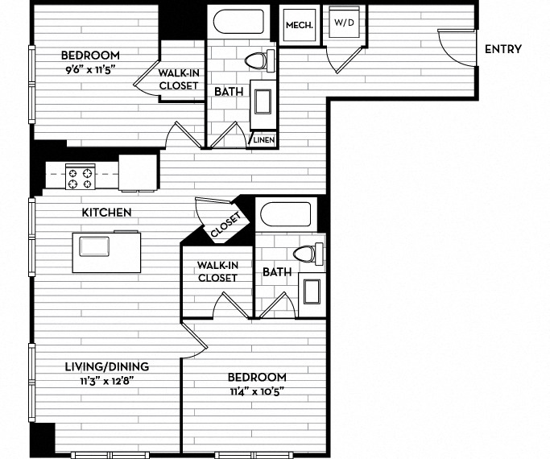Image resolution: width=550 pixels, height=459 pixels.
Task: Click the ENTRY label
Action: tap(503, 49)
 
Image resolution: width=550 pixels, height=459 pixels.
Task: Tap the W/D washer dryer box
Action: tap(344, 23)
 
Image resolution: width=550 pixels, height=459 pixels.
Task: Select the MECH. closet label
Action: tap(298, 25)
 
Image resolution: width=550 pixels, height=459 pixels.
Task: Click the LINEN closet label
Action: tap(264, 140)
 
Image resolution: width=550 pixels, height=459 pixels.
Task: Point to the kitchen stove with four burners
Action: tap(80, 177)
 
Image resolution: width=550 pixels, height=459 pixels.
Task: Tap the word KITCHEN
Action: tap(106, 213)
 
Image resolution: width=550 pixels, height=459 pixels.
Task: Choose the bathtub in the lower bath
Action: tap(284, 215)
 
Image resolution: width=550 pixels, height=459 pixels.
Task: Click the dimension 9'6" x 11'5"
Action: tap(91, 69)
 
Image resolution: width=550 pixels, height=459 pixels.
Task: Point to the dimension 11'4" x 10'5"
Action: tap(256, 391)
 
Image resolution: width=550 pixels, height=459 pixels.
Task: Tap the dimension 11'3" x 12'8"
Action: tap(106, 380)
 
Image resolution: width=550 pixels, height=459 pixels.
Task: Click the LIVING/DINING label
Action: tap(106, 366)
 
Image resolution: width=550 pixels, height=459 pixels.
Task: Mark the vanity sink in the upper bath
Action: tap(263, 103)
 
